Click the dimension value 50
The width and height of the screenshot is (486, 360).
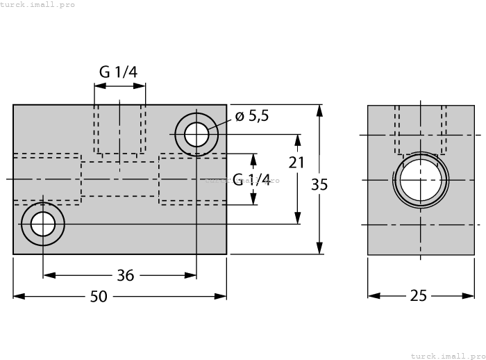tap(99, 296)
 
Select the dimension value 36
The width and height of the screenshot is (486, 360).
tap(125, 275)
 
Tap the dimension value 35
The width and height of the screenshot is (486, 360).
tap(319, 184)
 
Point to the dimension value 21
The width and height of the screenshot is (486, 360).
tap(297, 162)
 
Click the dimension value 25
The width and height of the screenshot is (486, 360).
tap(418, 296)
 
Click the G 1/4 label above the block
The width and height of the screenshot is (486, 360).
tap(118, 72)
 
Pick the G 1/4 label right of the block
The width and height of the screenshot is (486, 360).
tap(251, 179)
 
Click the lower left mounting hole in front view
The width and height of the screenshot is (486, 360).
tap(43, 224)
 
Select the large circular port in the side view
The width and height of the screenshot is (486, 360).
tap(420, 179)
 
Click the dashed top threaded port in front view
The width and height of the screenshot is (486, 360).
tap(120, 130)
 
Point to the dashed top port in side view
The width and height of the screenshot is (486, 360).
tap(420, 129)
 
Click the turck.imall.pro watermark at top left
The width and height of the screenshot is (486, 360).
tap(37, 5)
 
